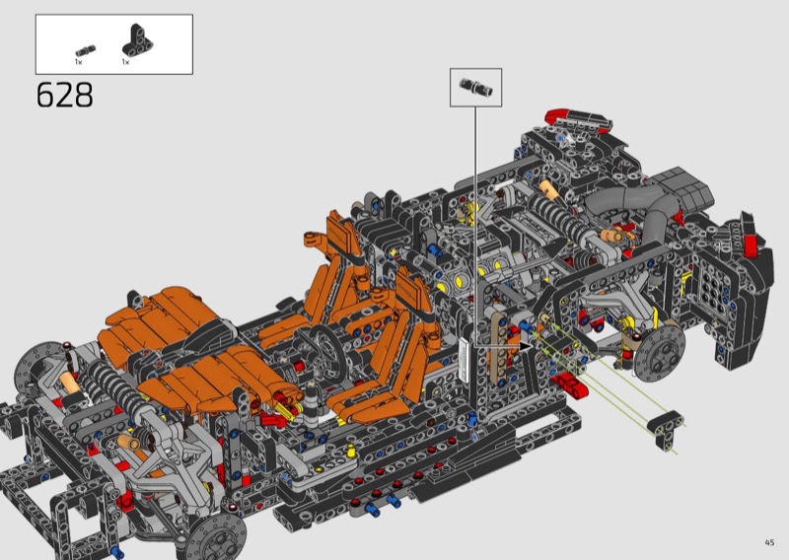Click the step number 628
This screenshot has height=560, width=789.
(x=65, y=95)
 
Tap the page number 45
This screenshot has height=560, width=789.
(x=769, y=542)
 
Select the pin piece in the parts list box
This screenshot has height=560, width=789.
(x=86, y=51)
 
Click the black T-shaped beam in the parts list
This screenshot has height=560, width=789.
(x=138, y=39)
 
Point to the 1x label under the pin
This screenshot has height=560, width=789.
(x=79, y=62)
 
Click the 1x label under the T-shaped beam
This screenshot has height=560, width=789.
(x=125, y=62)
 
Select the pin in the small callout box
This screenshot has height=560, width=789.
(x=476, y=87)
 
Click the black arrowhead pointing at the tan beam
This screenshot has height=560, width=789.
(x=526, y=346)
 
